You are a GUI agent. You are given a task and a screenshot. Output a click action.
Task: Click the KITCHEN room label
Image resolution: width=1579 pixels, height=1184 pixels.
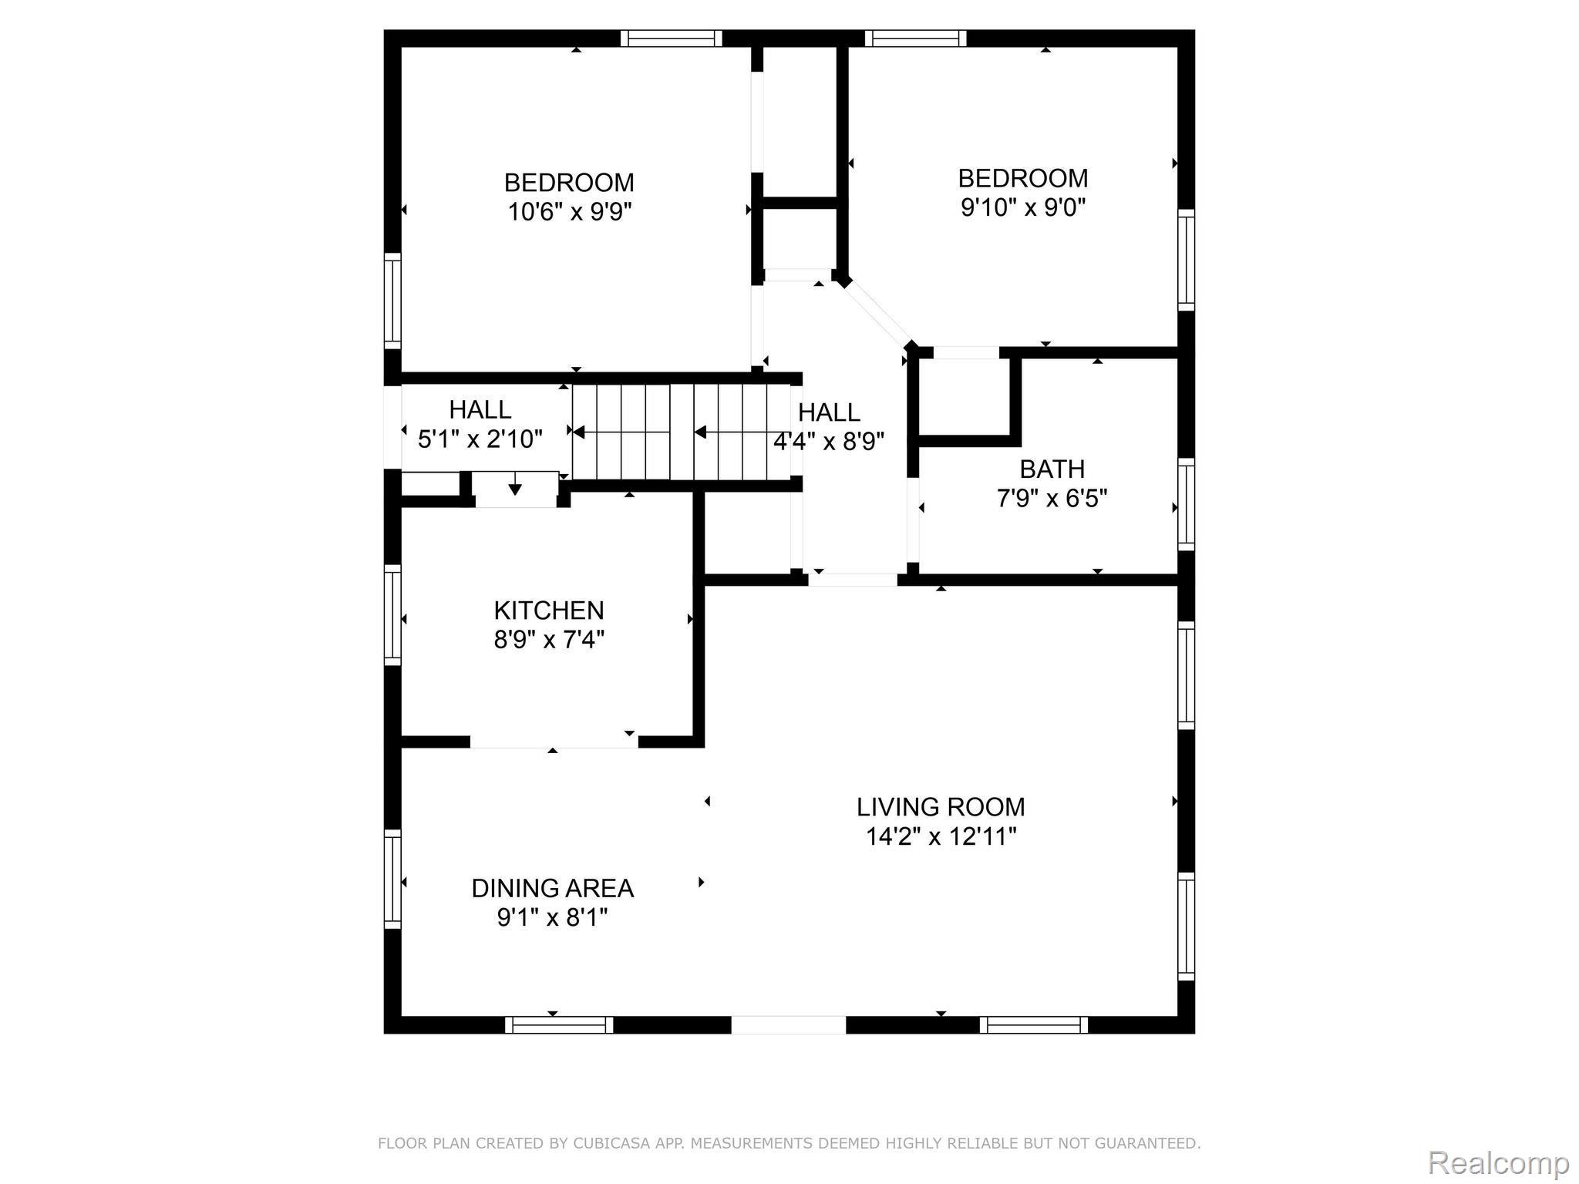tap(548, 610)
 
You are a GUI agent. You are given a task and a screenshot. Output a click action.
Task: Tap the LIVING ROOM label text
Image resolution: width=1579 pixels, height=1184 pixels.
tap(941, 807)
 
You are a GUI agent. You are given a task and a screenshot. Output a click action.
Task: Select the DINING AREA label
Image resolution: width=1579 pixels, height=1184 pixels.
tap(553, 889)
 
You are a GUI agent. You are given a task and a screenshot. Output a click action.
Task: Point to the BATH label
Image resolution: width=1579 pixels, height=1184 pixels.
tap(1052, 469)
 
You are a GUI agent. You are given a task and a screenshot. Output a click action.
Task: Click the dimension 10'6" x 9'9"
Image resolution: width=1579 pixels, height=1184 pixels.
tap(569, 211)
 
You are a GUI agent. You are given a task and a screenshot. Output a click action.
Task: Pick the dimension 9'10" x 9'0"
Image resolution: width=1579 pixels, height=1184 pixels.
tap(1023, 207)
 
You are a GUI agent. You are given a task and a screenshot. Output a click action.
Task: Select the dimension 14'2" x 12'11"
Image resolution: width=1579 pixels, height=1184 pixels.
tap(941, 836)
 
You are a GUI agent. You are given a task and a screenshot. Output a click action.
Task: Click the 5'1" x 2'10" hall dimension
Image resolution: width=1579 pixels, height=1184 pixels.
tap(480, 439)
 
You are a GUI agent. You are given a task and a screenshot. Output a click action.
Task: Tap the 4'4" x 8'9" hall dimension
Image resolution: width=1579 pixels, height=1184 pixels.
tap(829, 442)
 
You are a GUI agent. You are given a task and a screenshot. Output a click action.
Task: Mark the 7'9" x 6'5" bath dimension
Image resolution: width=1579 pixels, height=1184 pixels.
tap(1052, 499)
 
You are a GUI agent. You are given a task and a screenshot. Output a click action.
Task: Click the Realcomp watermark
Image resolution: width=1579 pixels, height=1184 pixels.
tap(1499, 1162)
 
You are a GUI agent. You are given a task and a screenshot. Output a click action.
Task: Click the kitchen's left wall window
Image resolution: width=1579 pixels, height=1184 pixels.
tap(392, 615)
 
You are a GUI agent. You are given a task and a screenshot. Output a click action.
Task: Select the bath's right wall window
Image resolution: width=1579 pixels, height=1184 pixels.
tap(1187, 505)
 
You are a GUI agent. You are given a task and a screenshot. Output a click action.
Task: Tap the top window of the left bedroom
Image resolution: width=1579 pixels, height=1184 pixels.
tap(672, 39)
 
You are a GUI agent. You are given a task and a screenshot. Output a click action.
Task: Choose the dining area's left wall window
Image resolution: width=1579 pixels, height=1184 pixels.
tap(392, 880)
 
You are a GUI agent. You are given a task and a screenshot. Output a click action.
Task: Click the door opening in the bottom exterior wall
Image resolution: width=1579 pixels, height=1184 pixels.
tap(788, 1024)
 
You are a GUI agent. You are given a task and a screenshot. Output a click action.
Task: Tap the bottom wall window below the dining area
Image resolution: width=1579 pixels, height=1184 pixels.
tap(559, 1024)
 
